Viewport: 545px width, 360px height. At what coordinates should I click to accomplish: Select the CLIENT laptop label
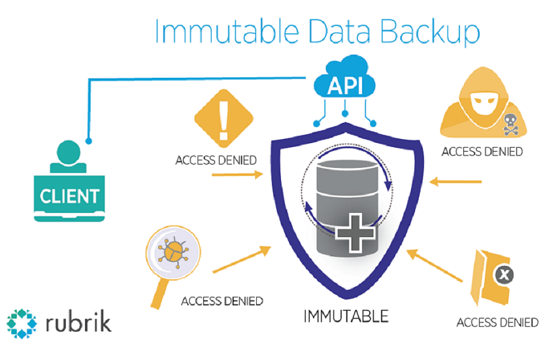point(69,195)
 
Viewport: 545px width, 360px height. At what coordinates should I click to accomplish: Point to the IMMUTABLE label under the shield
point(346,317)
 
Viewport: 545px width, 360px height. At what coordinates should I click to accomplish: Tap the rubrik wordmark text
point(79,323)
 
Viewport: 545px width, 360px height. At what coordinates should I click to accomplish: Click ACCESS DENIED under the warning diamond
point(216,160)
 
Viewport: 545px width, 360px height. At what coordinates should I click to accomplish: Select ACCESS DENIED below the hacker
point(482,152)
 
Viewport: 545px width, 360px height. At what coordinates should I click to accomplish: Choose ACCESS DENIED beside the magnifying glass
point(222,301)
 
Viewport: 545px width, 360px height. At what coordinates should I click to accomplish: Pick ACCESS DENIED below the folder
point(497,323)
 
